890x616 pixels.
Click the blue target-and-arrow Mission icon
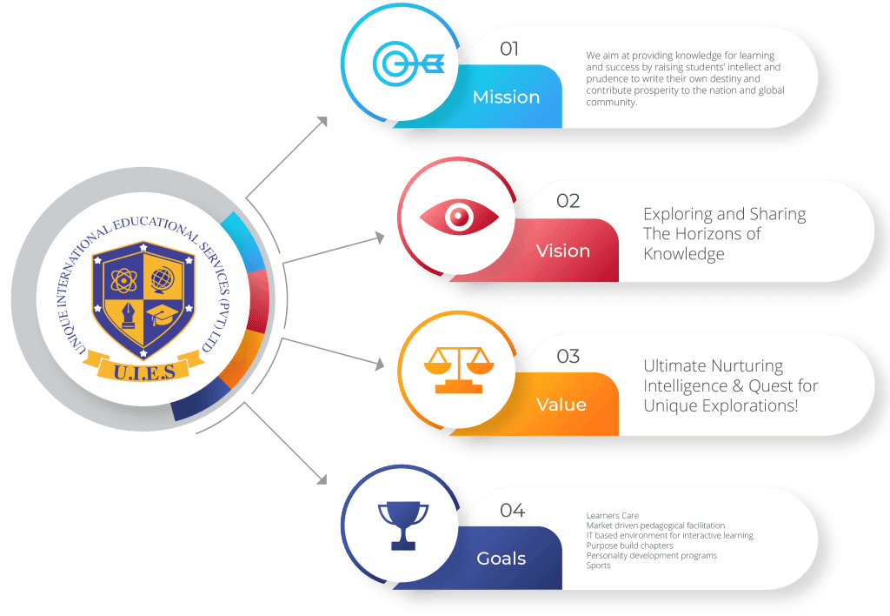408,63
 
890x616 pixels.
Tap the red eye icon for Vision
459,217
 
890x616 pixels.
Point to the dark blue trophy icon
403,525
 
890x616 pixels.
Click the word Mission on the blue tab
507,97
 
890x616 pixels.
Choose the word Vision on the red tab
563,251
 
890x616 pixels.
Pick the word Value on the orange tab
561,405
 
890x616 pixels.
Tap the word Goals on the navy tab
501,559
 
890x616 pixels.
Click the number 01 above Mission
509,49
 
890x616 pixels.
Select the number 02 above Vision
568,201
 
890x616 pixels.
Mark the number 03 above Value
568,357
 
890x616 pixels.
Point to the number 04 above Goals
512,511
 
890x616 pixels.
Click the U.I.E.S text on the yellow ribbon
144,372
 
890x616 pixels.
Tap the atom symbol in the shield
123,280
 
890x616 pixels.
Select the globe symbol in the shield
163,279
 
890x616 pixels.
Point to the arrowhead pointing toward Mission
323,121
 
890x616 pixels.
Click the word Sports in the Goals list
598,566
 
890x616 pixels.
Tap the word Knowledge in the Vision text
683,254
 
